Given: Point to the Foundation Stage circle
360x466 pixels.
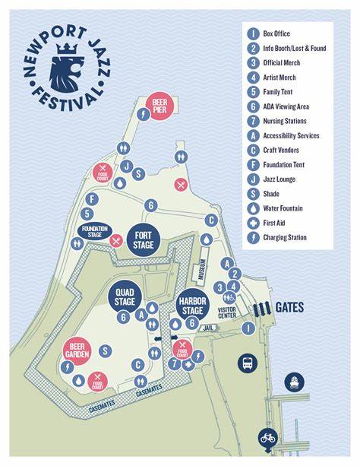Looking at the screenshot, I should [96, 231].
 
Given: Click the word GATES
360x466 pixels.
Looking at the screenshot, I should [290, 308].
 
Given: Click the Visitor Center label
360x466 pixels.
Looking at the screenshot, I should [227, 314].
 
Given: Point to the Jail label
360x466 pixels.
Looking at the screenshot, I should [210, 328].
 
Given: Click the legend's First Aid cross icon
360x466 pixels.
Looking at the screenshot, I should [253, 223].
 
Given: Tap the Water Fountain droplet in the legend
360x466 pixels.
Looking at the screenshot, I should [253, 208].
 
